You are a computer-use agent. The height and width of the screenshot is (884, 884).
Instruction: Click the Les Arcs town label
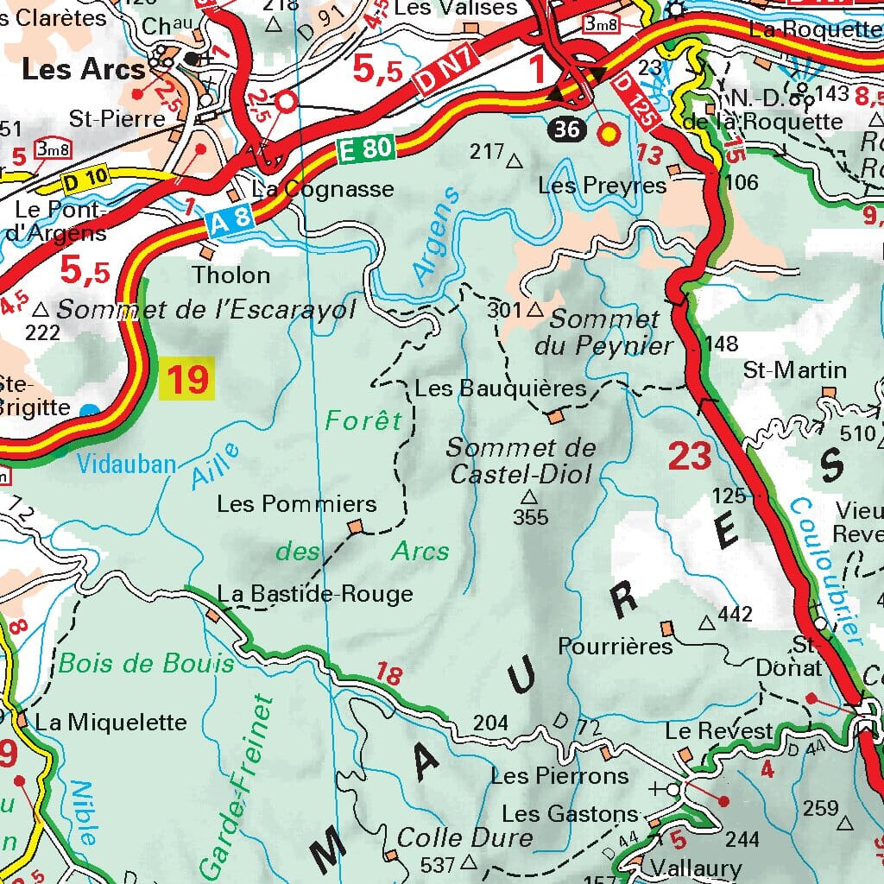pyautogui.click(x=84, y=69)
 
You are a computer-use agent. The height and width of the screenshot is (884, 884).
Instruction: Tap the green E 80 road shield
pyautogui.click(x=366, y=151)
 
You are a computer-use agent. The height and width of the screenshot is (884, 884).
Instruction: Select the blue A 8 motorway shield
pyautogui.click(x=231, y=219)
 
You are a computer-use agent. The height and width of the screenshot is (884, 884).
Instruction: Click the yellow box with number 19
pyautogui.click(x=187, y=380)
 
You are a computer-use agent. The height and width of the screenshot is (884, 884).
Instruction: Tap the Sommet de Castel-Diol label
pyautogui.click(x=521, y=460)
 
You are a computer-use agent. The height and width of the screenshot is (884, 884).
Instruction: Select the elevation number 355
pyautogui.click(x=530, y=517)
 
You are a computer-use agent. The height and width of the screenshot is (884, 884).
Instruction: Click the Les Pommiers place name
pyautogui.click(x=296, y=503)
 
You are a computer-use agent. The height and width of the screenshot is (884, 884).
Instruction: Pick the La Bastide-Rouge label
pyautogui.click(x=315, y=594)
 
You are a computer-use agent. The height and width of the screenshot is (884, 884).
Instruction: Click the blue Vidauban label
pyautogui.click(x=126, y=464)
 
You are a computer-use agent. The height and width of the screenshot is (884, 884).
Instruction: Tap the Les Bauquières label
pyautogui.click(x=500, y=388)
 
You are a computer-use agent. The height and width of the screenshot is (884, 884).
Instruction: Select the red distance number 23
pyautogui.click(x=690, y=456)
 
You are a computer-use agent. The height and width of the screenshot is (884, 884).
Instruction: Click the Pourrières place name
pyautogui.click(x=616, y=646)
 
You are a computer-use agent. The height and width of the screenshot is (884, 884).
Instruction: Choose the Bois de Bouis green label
pyautogui.click(x=146, y=663)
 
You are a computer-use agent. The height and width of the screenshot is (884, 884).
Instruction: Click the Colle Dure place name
pyautogui.click(x=464, y=837)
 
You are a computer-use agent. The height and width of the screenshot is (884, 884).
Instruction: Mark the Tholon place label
pyautogui.click(x=230, y=275)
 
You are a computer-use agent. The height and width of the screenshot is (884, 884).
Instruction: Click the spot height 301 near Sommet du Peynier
pyautogui.click(x=505, y=309)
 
